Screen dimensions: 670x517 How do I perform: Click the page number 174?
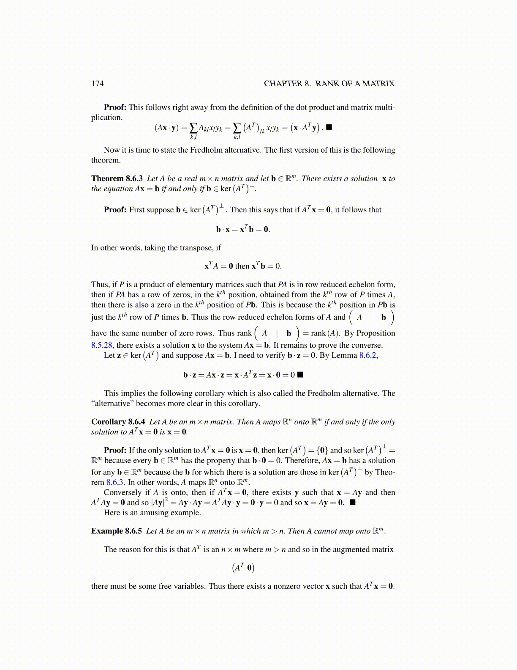(97, 83)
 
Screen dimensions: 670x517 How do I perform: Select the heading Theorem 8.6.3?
(117, 178)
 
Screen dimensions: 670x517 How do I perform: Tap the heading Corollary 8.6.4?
(118, 422)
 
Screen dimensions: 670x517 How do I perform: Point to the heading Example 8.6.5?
(117, 531)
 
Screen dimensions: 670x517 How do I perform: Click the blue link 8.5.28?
(102, 345)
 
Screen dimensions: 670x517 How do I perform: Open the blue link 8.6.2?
(367, 355)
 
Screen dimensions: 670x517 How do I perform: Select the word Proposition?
(376, 333)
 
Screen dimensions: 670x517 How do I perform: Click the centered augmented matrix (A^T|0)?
(243, 568)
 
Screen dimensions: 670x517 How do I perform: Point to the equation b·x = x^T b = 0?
(243, 229)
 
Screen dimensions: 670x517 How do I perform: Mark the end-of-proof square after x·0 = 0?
(301, 374)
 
